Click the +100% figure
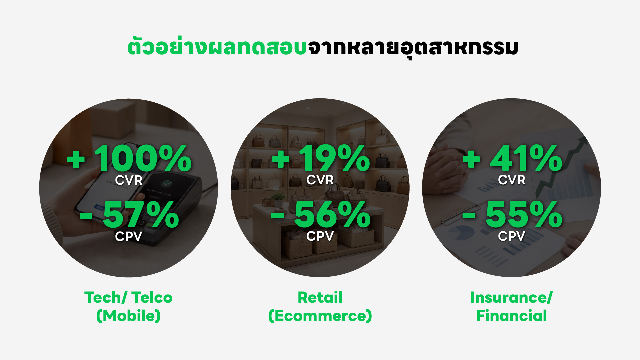129,158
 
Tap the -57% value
129,215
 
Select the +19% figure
321,158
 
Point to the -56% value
321,215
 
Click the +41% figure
512,158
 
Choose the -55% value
512,215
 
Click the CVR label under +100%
129,180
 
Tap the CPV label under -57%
129,236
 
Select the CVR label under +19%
320,180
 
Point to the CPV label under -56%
320,236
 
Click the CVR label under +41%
512,180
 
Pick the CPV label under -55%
512,236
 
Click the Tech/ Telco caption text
129,298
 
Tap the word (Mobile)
129,316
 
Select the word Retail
320,297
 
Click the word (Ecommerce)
320,316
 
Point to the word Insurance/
512,298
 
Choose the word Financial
512,316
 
